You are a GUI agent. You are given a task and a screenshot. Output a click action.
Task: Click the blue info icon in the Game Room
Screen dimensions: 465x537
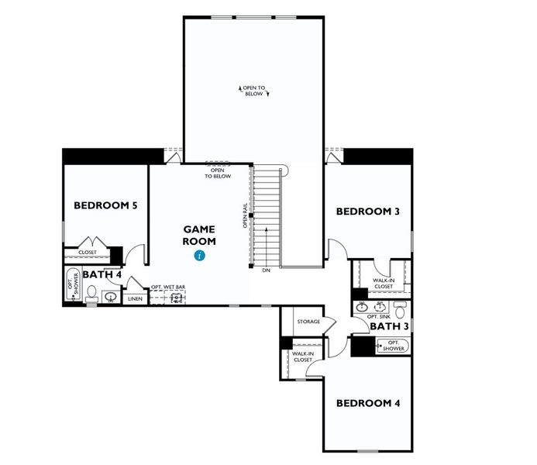200,255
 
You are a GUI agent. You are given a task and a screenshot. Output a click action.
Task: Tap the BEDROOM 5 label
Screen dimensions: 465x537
105,205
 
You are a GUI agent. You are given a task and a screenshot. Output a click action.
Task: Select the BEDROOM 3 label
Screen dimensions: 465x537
367,211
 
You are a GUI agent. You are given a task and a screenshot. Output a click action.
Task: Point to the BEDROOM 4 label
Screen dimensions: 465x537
367,403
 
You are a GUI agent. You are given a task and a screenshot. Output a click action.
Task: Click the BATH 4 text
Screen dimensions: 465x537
102,274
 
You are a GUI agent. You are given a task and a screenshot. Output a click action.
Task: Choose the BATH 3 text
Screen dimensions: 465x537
390,326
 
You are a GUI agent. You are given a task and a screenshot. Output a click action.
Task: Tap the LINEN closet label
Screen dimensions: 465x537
135,298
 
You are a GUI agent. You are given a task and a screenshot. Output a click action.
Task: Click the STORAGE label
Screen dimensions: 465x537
308,322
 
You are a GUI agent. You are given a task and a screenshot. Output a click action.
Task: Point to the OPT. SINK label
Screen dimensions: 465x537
378,317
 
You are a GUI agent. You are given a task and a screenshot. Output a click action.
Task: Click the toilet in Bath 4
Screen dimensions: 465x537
91,294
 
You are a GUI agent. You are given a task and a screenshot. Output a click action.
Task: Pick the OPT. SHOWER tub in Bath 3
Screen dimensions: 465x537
392,346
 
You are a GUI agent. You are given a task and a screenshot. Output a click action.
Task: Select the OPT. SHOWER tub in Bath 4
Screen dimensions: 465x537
74,284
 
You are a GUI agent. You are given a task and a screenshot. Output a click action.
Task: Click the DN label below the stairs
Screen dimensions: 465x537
266,270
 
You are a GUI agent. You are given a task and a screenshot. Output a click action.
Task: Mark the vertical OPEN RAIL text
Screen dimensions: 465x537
244,216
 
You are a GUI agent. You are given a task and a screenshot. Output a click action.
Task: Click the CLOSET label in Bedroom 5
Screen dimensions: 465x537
88,252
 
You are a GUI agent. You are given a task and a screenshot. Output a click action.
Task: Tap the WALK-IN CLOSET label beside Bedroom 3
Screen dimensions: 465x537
384,284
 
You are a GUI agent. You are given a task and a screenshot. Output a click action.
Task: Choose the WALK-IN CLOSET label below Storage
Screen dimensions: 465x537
302,356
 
